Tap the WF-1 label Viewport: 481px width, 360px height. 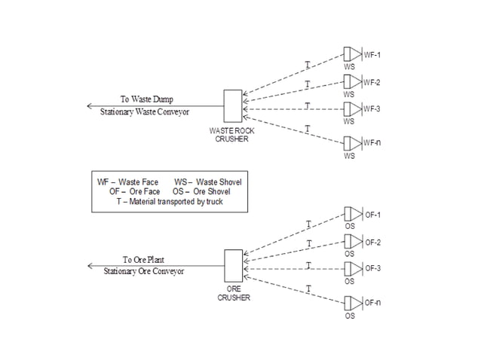pyautogui.click(x=372, y=55)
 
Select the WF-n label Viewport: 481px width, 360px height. pyautogui.click(x=372, y=143)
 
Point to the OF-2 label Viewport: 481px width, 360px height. pyautogui.click(x=372, y=243)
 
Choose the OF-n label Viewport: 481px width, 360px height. pyautogui.click(x=372, y=303)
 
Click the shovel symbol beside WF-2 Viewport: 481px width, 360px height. pyautogui.click(x=353, y=81)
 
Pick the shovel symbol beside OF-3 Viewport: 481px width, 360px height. pyautogui.click(x=354, y=269)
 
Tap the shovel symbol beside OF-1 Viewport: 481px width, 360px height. pyautogui.click(x=354, y=214)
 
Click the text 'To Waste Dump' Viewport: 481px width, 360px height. pyautogui.click(x=146, y=99)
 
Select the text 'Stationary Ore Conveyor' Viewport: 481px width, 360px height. pyautogui.click(x=144, y=271)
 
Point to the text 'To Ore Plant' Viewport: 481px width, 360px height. pyautogui.click(x=143, y=260)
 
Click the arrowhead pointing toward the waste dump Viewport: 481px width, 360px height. pyautogui.click(x=90, y=106)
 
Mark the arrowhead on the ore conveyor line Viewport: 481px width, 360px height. pyautogui.click(x=90, y=266)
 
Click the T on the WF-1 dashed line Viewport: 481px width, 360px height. pyautogui.click(x=308, y=65)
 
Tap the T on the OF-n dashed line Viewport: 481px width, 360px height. pyautogui.click(x=308, y=288)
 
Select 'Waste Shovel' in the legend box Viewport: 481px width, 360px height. pyautogui.click(x=219, y=182)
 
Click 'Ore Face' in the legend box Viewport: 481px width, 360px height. pyautogui.click(x=145, y=192)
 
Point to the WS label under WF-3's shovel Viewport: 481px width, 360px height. pyautogui.click(x=349, y=121)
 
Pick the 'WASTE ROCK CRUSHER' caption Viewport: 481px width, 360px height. pyautogui.click(x=232, y=135)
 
